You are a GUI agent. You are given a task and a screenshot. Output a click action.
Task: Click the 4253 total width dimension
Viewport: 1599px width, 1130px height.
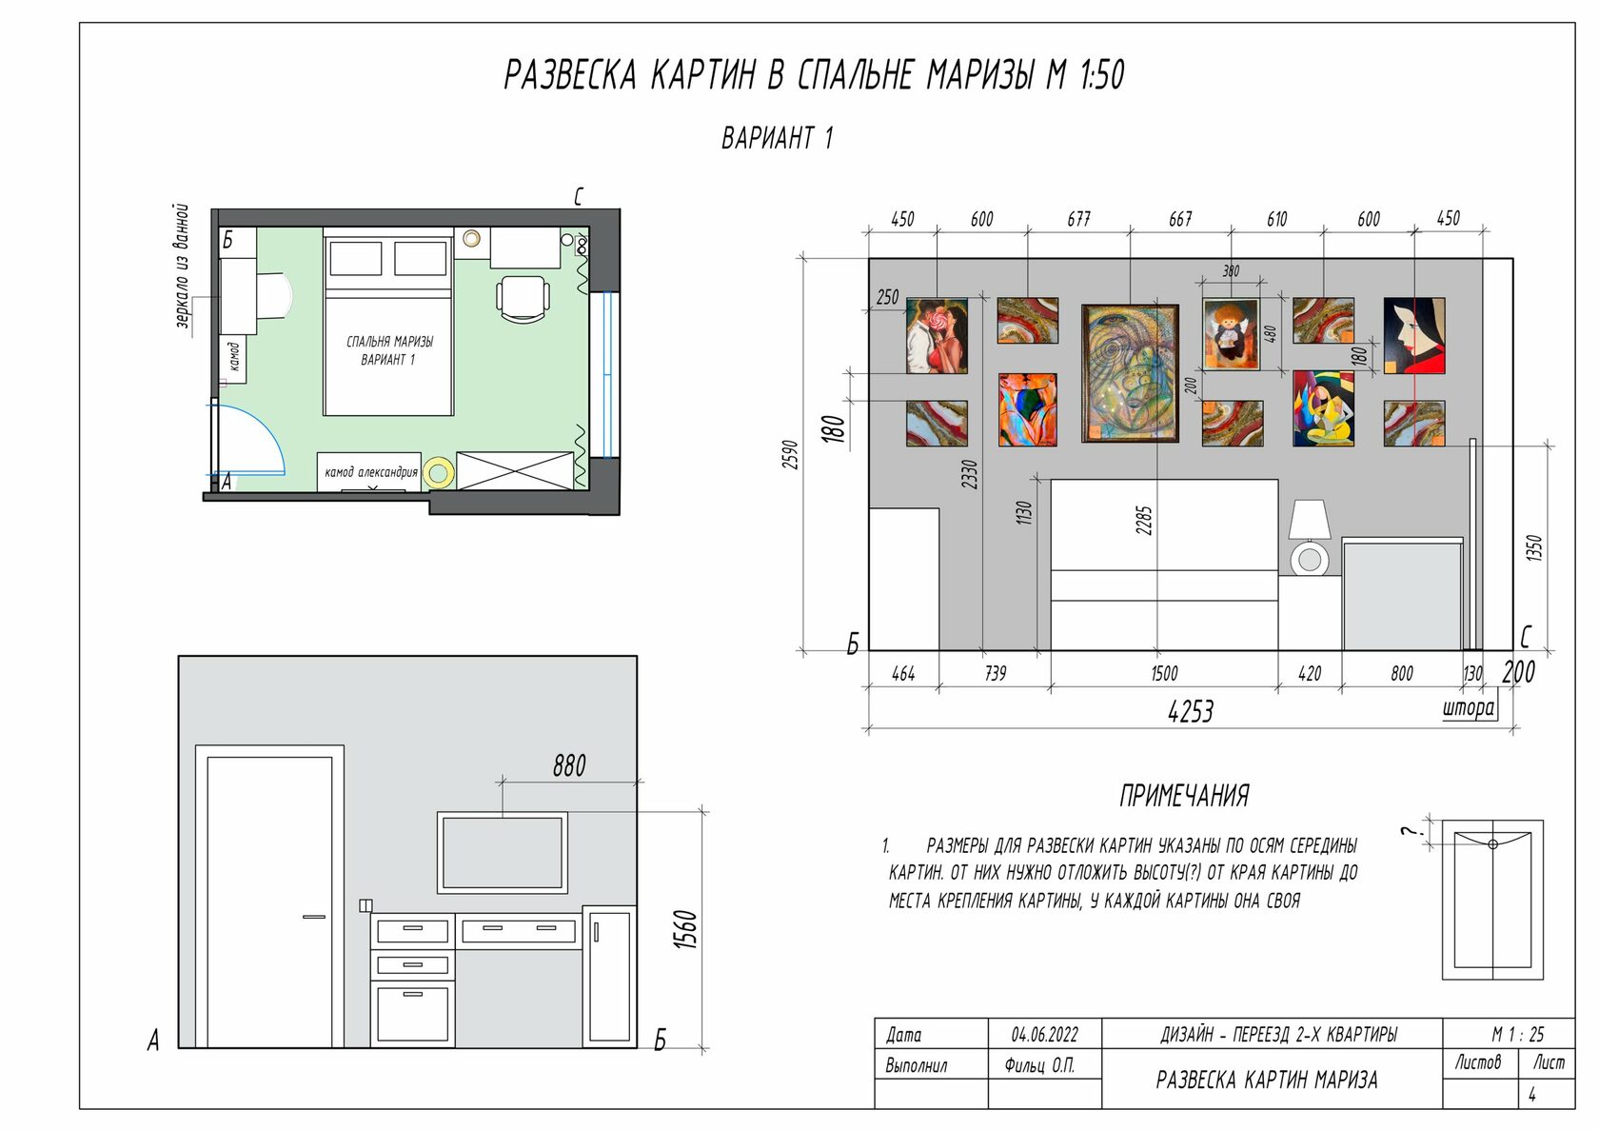pos(1191,711)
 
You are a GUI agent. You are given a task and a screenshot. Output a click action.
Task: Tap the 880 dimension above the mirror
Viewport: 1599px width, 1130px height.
pos(569,766)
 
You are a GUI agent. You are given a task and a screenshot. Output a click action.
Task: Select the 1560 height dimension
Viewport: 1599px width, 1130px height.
pos(685,929)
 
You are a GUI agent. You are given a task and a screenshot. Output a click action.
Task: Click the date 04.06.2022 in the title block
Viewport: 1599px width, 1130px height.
pos(1044,1035)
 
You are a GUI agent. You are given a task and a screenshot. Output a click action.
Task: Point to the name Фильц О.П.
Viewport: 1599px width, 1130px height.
pos(1039,1066)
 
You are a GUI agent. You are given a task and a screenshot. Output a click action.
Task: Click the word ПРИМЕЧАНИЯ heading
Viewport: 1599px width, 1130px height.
pos(1184,796)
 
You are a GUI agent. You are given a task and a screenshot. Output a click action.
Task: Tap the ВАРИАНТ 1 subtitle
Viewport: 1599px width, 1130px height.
pos(778,138)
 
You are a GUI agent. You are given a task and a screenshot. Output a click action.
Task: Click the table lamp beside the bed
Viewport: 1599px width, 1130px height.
pos(1310,538)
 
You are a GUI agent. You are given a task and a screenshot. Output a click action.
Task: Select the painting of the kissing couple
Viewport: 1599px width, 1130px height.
pos(937,335)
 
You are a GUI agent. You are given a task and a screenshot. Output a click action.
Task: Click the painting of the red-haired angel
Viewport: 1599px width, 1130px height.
pos(1232,334)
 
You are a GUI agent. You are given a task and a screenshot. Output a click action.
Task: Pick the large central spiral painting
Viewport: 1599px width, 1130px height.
pos(1130,372)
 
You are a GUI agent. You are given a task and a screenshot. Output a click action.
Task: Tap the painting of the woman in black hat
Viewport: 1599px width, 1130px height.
pos(1414,335)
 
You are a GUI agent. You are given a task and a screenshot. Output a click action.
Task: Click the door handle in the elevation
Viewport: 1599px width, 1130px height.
pos(314,917)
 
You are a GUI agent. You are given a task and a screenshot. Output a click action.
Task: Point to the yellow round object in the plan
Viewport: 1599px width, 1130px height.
pos(438,472)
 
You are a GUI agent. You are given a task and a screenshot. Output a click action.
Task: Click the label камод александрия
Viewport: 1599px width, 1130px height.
pos(370,472)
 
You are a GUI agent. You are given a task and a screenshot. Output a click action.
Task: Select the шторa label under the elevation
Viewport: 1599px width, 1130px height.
pos(1469,708)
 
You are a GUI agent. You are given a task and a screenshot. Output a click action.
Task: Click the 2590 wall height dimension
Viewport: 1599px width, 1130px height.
pos(790,455)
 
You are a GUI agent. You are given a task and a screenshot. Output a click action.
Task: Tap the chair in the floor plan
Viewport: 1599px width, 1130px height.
pos(523,298)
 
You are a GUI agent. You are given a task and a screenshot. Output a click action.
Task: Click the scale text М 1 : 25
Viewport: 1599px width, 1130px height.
pos(1518,1035)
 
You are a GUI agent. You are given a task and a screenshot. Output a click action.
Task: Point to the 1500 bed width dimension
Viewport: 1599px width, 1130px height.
pos(1164,673)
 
